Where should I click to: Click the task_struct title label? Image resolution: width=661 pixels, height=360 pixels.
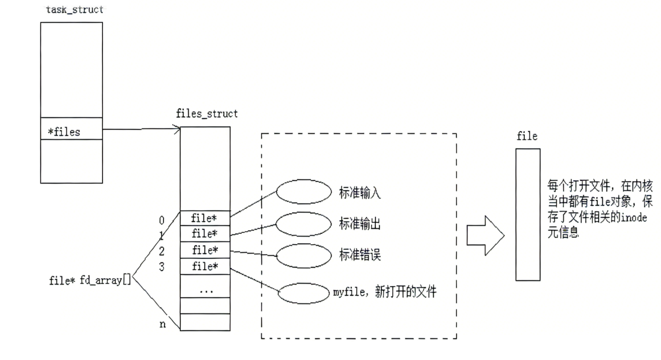75,10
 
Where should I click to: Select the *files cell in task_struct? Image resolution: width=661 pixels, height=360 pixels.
71,132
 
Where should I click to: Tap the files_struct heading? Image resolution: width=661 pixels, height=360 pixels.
207,113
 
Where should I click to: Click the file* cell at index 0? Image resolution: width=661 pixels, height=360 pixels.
205,218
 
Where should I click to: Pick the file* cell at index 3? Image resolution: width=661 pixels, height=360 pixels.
205,266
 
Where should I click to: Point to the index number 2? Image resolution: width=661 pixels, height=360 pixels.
162,251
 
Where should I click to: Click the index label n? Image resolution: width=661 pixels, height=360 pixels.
162,324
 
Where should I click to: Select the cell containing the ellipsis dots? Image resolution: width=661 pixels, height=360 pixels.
205,290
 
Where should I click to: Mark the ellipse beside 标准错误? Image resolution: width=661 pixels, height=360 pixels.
304,255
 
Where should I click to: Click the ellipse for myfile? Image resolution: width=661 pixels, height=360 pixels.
304,293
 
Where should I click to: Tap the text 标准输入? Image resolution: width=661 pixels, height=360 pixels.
360,193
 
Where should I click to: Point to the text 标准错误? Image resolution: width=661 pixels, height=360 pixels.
360,255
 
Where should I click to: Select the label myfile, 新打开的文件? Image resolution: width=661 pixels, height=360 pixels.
384,292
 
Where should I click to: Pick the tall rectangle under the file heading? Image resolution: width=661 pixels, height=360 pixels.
528,214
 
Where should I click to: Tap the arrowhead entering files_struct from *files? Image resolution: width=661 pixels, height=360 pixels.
177,130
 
